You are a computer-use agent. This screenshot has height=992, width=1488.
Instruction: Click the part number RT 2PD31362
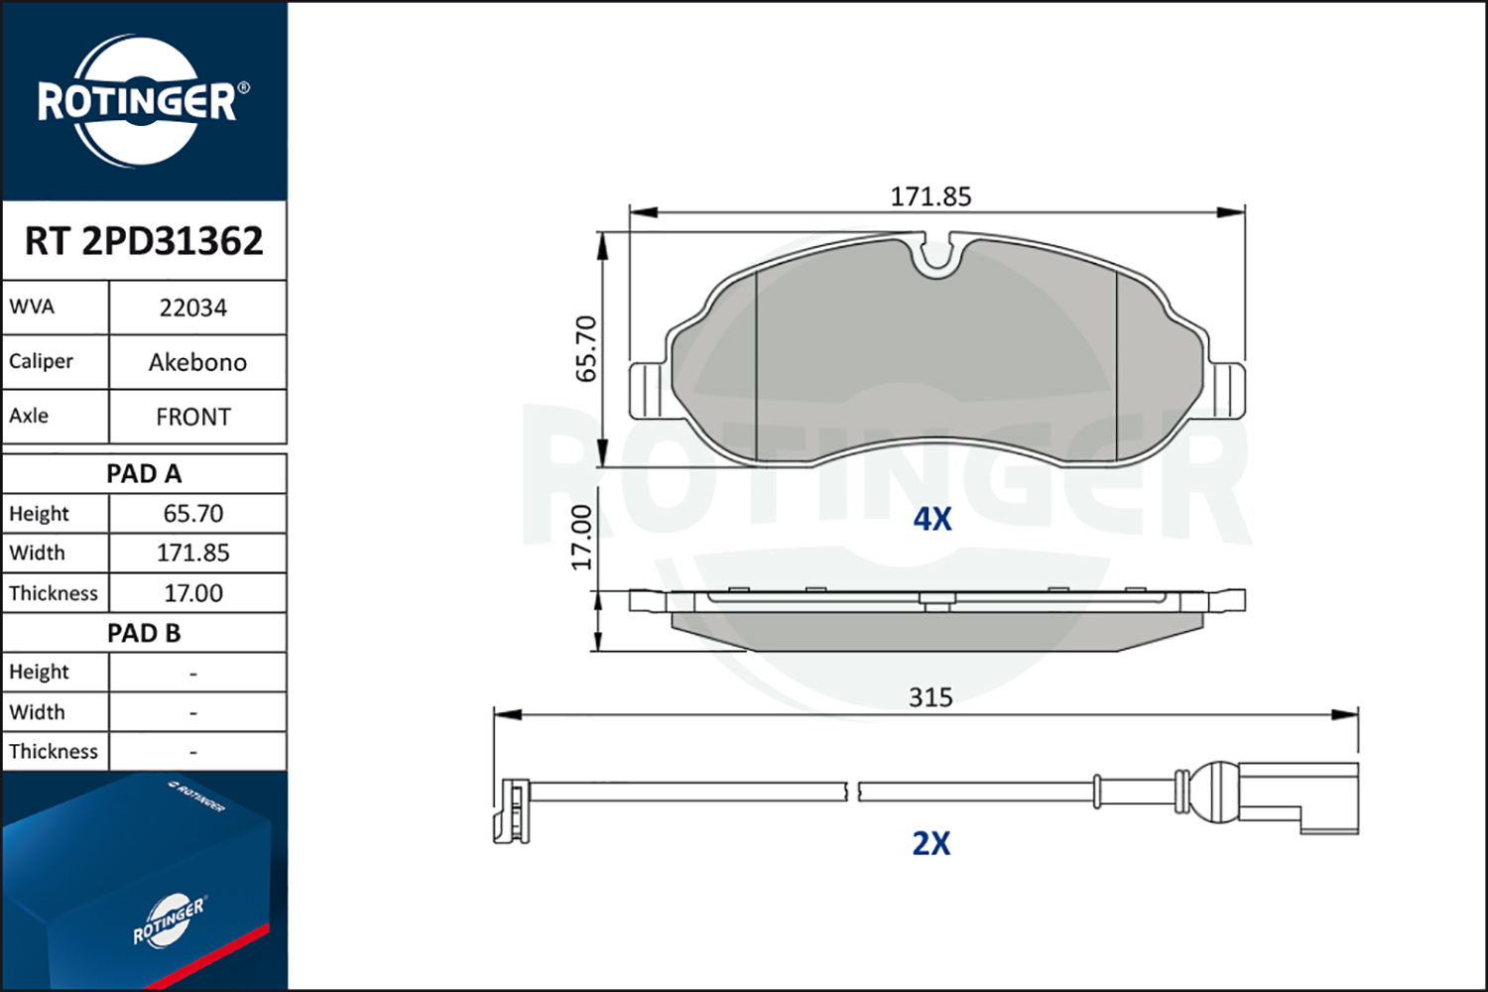[x=144, y=240]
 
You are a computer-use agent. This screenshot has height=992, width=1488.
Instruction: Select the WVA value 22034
[x=193, y=308]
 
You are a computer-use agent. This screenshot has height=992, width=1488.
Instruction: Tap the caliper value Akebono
[x=197, y=362]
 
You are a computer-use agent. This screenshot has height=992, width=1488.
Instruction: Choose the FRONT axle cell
[x=193, y=417]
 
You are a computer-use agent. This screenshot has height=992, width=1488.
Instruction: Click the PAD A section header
[x=144, y=474]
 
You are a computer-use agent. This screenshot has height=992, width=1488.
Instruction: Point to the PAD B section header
[x=144, y=633]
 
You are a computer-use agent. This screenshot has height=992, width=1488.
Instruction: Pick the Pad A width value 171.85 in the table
[x=193, y=553]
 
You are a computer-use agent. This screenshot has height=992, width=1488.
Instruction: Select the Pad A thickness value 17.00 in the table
[x=193, y=592]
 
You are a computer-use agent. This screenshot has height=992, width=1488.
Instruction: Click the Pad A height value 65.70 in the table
[x=193, y=514]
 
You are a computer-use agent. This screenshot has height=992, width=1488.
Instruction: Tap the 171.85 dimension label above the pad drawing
[x=930, y=196]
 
